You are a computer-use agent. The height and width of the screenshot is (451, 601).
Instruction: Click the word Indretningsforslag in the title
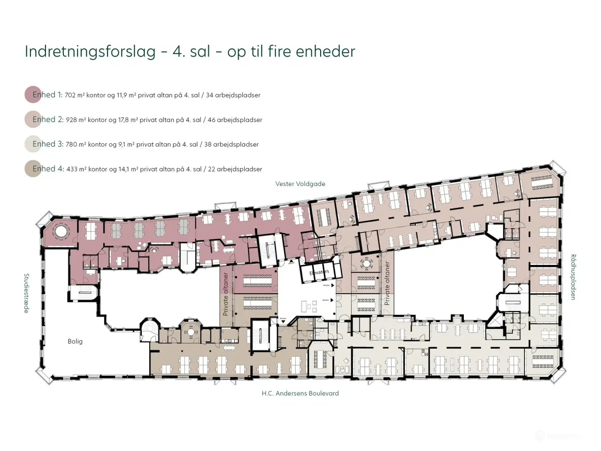[90, 51]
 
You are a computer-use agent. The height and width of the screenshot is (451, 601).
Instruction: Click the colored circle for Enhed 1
[33, 95]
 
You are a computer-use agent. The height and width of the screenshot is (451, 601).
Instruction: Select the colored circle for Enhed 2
[33, 119]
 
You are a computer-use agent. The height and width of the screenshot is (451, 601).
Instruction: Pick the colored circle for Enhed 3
[33, 144]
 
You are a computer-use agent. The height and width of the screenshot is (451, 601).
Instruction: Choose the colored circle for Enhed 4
[33, 169]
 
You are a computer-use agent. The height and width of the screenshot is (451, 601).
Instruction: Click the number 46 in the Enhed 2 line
[211, 120]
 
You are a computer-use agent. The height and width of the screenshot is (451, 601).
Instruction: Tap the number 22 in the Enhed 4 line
[211, 169]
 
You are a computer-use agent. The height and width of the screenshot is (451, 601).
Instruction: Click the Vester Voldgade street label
[300, 184]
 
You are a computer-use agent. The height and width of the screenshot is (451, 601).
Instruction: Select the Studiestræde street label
[27, 293]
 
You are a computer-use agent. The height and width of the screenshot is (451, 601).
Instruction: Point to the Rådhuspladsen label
[573, 277]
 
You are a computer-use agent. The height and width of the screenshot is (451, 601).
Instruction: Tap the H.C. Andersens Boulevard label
[300, 394]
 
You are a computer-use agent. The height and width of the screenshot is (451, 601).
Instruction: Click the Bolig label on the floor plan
[75, 342]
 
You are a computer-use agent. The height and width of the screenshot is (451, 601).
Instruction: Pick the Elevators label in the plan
[319, 272]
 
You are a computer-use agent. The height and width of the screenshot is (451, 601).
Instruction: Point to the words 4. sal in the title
[191, 51]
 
